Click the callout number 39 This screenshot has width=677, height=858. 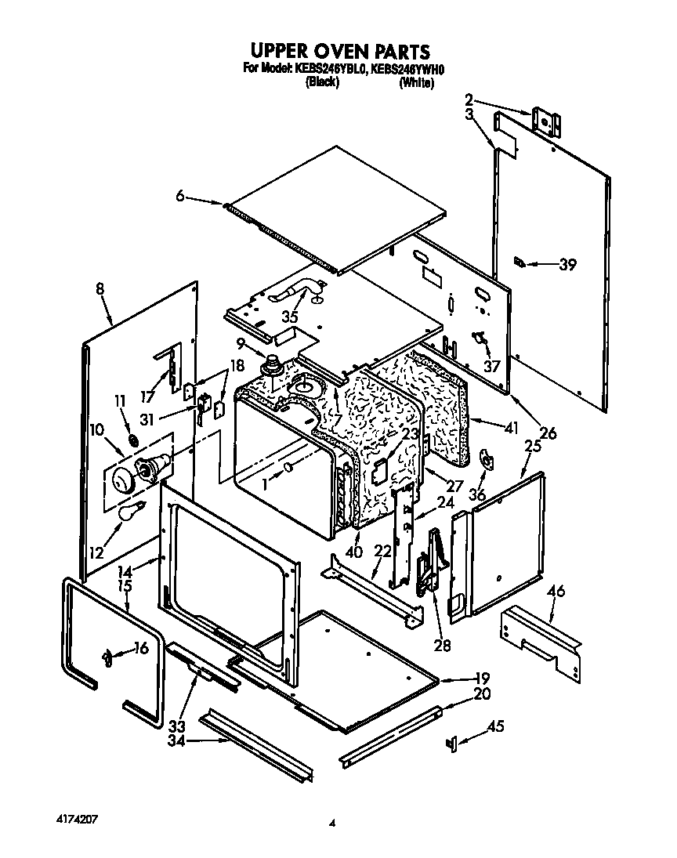pyautogui.click(x=567, y=265)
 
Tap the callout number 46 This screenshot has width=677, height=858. pyautogui.click(x=556, y=592)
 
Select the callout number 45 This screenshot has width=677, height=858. pyautogui.click(x=495, y=728)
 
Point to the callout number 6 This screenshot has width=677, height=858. pyautogui.click(x=180, y=197)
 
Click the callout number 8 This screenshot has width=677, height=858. pyautogui.click(x=100, y=288)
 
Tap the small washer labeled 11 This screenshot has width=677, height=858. pyautogui.click(x=134, y=441)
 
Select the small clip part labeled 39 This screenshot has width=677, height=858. pyautogui.click(x=519, y=262)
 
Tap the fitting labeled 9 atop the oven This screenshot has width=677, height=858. pyautogui.click(x=273, y=364)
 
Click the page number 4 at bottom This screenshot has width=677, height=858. pyautogui.click(x=332, y=823)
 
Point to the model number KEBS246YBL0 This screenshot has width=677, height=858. pyautogui.click(x=328, y=69)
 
